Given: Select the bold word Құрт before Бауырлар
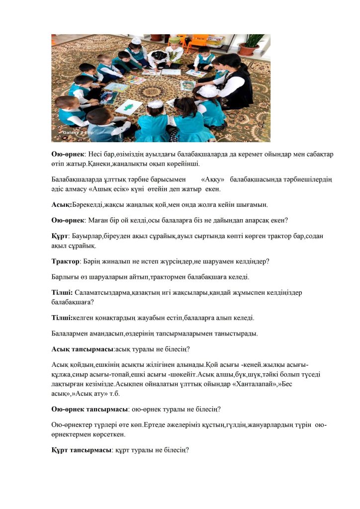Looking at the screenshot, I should point(60,237).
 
